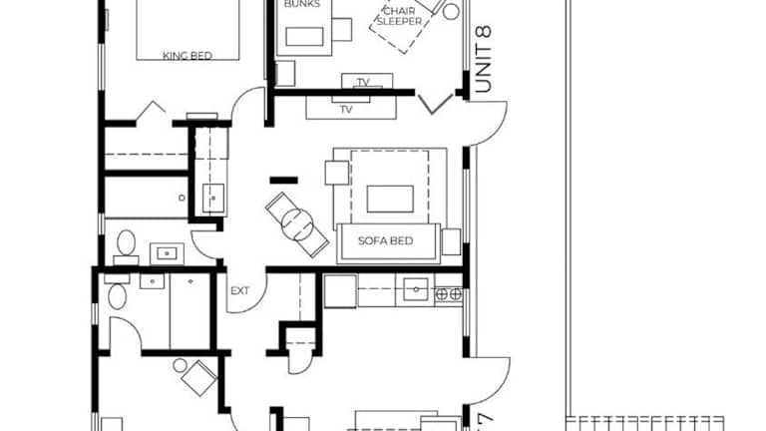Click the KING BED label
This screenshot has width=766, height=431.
(x=188, y=56)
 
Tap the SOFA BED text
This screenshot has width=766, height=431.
(x=385, y=240)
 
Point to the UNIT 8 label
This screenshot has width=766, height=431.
(x=483, y=59)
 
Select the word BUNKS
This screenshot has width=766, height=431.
(x=302, y=4)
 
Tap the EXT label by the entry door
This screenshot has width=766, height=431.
(x=239, y=290)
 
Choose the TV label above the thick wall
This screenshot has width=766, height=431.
(x=363, y=82)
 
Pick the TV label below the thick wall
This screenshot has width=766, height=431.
(x=346, y=109)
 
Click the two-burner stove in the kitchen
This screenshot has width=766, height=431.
(x=449, y=293)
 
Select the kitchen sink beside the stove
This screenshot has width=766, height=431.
(x=416, y=289)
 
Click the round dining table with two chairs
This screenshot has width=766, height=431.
(x=297, y=224)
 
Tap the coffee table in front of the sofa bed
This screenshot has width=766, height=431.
(x=390, y=199)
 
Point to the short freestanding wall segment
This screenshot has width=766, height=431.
(x=284, y=181)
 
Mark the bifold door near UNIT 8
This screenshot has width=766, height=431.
(x=435, y=105)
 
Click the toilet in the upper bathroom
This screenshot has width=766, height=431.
(x=126, y=242)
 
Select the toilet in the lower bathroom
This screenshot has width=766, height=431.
(x=117, y=295)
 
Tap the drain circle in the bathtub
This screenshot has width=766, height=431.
(x=183, y=198)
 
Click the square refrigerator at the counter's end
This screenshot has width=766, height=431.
(x=340, y=291)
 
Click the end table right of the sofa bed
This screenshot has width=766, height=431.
(x=452, y=241)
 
